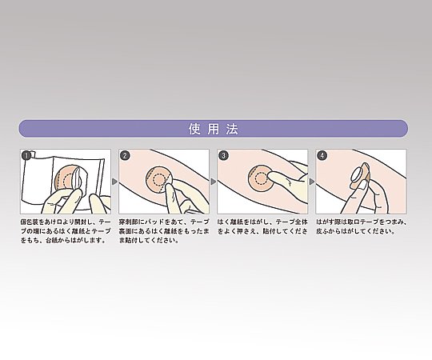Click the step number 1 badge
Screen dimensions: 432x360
(x=26, y=156)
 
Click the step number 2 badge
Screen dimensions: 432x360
(x=125, y=156)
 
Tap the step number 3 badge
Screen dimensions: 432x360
(x=223, y=156)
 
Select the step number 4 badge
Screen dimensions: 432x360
(x=322, y=156)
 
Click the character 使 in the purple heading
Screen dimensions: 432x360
(x=194, y=129)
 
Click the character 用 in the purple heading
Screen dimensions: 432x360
(x=214, y=129)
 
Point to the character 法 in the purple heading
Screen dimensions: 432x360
(x=232, y=129)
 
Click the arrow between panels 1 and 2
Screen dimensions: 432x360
(x=115, y=182)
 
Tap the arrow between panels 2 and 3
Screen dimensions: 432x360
(x=214, y=182)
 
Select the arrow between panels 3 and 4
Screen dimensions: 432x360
(x=312, y=182)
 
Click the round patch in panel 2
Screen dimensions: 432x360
(x=158, y=179)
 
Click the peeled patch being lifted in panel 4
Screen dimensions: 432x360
(x=360, y=175)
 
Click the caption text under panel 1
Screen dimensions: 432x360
(x=66, y=231)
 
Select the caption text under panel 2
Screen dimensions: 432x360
(x=164, y=231)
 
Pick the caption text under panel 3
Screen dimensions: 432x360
(x=262, y=226)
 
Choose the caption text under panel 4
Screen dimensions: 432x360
(x=361, y=226)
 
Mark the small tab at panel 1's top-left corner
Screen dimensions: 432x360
(x=32, y=153)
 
